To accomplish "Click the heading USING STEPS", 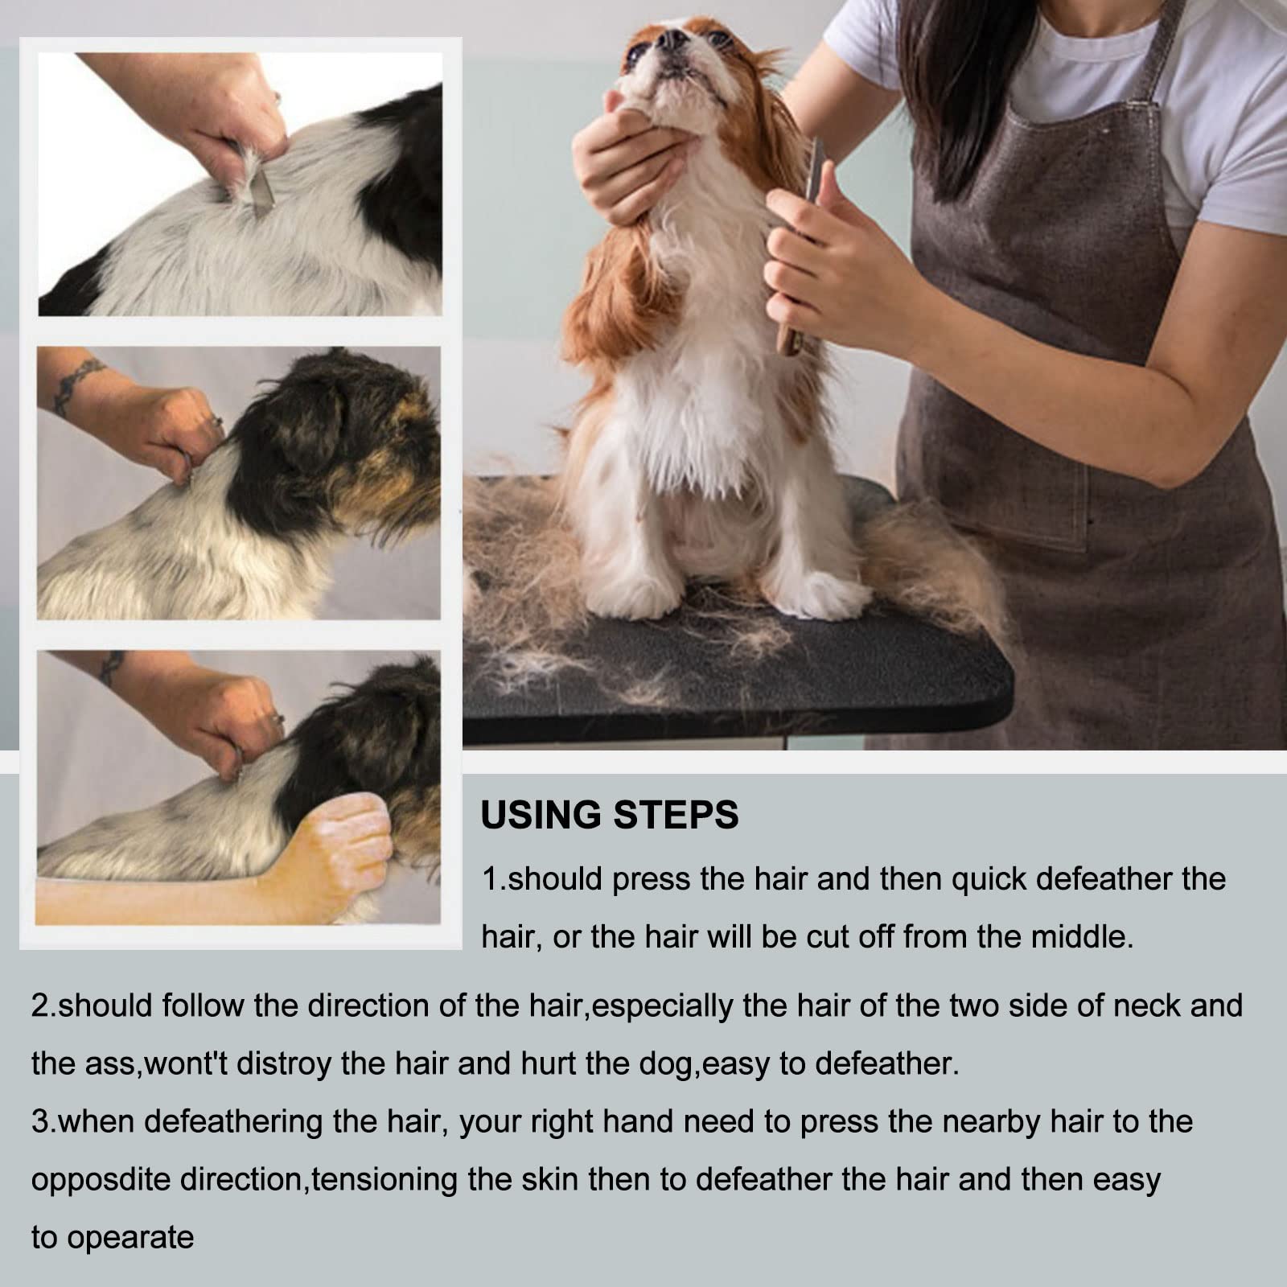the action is [x=609, y=815].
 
